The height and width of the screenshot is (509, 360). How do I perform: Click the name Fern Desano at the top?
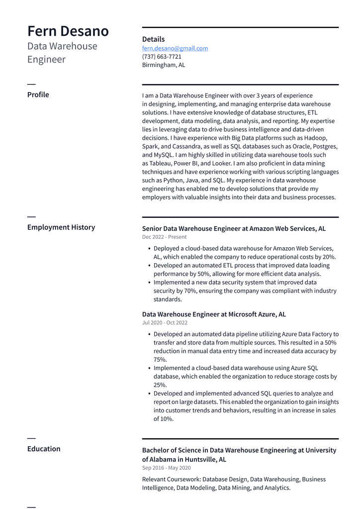(68, 31)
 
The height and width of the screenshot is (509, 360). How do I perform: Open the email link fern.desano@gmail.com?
(175, 48)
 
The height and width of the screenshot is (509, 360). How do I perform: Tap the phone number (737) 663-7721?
(162, 57)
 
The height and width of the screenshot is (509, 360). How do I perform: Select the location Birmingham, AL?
(164, 65)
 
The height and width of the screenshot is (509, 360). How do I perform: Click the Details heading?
(153, 39)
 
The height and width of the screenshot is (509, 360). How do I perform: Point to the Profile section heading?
(38, 95)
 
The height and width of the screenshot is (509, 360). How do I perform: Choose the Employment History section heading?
(61, 227)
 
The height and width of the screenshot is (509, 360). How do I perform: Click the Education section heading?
(44, 449)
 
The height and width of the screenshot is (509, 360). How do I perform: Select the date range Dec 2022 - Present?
(165, 237)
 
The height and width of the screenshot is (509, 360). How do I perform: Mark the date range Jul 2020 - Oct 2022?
(165, 323)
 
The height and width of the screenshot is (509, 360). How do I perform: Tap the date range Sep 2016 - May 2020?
(167, 468)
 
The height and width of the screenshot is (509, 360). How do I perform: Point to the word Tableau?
(161, 163)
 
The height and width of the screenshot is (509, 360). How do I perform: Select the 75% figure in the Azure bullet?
(160, 359)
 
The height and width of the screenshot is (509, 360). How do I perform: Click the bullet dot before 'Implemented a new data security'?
(150, 283)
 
